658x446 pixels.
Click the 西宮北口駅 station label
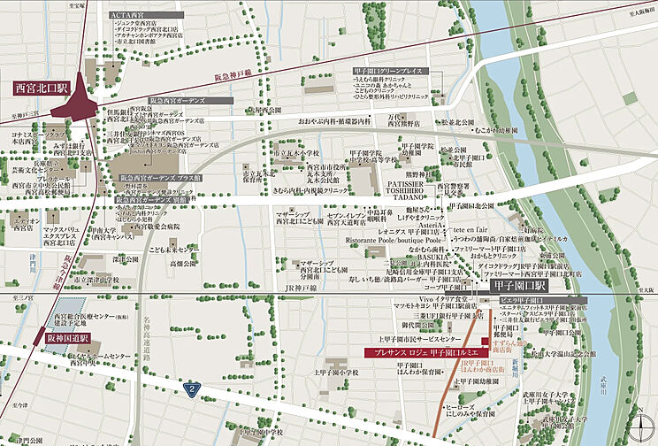(42, 89)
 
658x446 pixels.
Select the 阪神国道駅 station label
(67, 338)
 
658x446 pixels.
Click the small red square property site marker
(485, 342)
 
